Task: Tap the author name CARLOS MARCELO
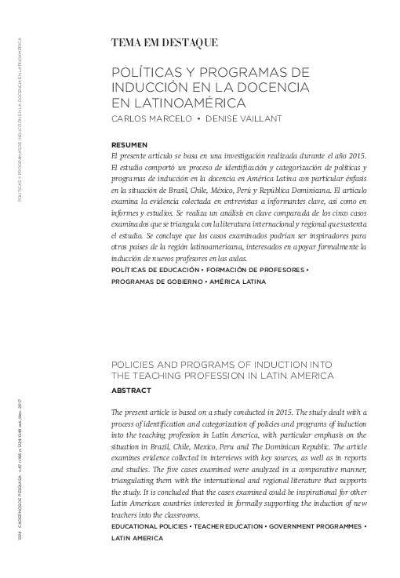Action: pyautogui.click(x=150, y=119)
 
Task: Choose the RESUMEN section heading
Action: pyautogui.click(x=129, y=146)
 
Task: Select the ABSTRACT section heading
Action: pyautogui.click(x=132, y=390)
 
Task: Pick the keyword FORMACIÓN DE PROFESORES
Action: pyautogui.click(x=256, y=270)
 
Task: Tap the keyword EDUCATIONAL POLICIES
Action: pyautogui.click(x=154, y=526)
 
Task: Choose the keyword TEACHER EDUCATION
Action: pyautogui.click(x=232, y=526)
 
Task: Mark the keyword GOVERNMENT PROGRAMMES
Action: pyautogui.click(x=317, y=526)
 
